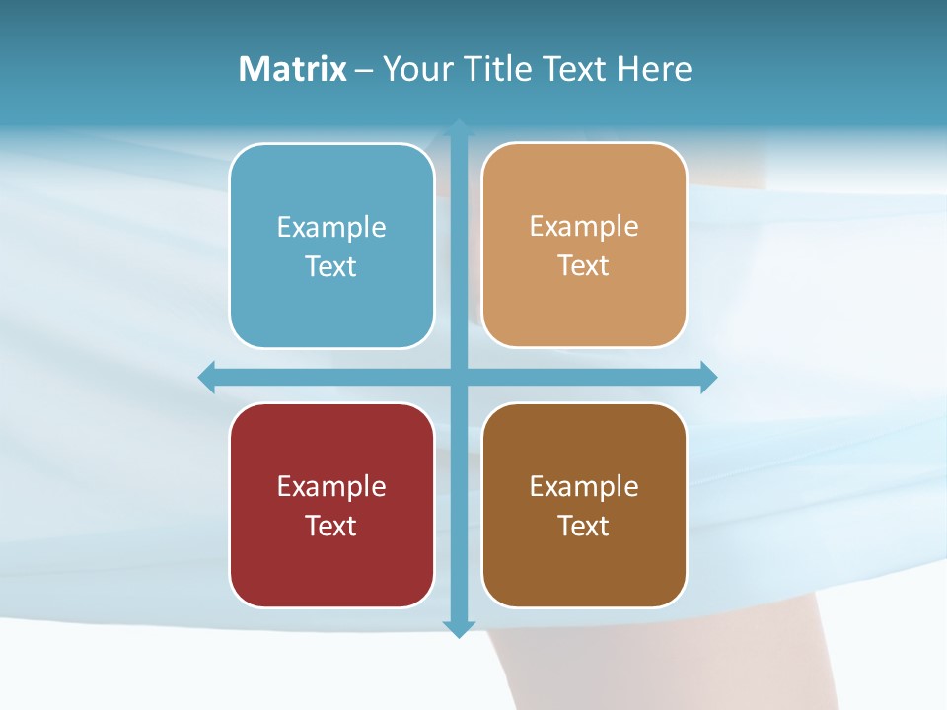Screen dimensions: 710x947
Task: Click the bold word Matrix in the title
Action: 293,69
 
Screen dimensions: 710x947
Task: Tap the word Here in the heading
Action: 654,69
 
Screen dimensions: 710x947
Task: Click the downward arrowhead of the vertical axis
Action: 459,628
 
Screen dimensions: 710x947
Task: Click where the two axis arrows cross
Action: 459,377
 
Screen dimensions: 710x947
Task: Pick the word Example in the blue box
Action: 331,228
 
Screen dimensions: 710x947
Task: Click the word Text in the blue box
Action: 331,267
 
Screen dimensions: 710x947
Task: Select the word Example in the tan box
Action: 584,227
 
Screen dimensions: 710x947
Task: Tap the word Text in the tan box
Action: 584,266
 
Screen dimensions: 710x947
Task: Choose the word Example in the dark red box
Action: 331,486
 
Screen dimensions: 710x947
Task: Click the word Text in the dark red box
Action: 331,526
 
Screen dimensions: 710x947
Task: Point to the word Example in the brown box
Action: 584,486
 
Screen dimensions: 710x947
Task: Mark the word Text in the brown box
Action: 584,526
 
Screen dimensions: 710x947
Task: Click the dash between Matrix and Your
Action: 364,70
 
